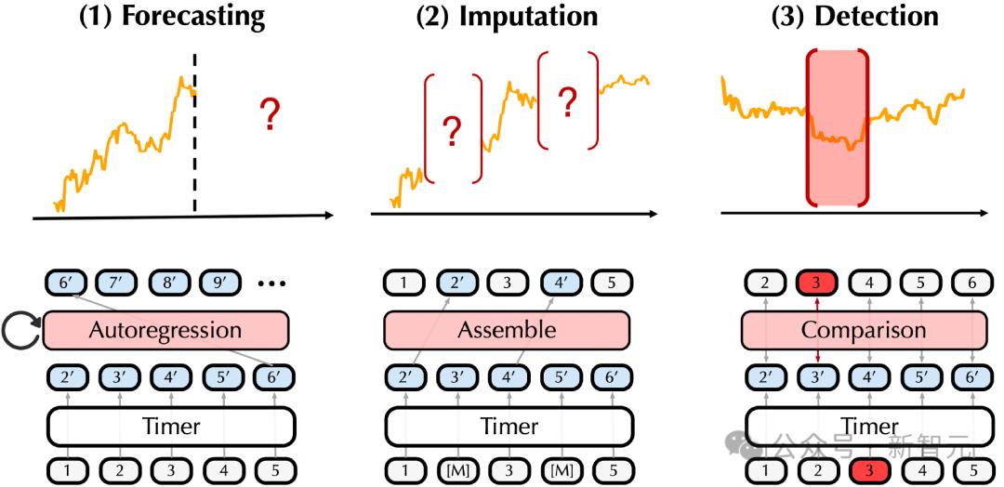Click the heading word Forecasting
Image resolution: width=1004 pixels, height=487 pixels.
(x=192, y=17)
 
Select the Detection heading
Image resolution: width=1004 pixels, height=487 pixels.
(x=877, y=16)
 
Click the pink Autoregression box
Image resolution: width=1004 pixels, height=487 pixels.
(x=165, y=331)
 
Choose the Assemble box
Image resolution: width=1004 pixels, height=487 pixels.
(x=507, y=331)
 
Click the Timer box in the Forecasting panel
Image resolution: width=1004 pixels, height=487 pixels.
(x=172, y=426)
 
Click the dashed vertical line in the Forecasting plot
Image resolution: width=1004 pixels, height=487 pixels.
(x=194, y=132)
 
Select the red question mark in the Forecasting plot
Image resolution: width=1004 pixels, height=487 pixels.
(x=271, y=114)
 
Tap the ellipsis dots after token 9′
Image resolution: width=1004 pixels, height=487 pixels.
(x=272, y=283)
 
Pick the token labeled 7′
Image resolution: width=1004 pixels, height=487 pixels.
(x=116, y=283)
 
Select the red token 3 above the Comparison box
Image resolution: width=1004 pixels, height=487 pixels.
(x=815, y=283)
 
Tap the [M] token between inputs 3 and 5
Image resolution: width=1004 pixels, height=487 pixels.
(x=561, y=472)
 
